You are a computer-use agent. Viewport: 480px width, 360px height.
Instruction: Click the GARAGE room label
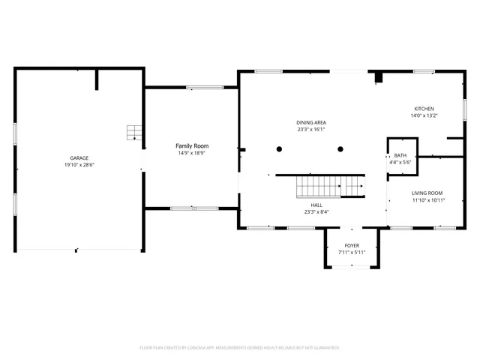pyautogui.click(x=79, y=157)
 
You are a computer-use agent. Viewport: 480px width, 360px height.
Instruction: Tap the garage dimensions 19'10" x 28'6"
pyautogui.click(x=79, y=164)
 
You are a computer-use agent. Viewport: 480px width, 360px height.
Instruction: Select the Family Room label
pyautogui.click(x=192, y=145)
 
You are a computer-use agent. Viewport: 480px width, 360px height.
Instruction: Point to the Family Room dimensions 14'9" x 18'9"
pyautogui.click(x=192, y=153)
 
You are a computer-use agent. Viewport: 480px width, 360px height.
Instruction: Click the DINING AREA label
pyautogui.click(x=310, y=122)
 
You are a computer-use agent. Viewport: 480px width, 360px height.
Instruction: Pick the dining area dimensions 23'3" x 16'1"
pyautogui.click(x=310, y=129)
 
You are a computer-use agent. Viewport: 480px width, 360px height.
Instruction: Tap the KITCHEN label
pyautogui.click(x=423, y=109)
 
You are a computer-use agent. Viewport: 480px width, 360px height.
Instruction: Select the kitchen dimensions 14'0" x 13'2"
pyautogui.click(x=423, y=115)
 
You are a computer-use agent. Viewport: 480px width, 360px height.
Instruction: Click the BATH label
pyautogui.click(x=401, y=155)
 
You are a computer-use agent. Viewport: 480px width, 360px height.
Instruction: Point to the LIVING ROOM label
pyautogui.click(x=427, y=193)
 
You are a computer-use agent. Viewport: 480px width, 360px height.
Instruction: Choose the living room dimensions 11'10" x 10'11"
pyautogui.click(x=427, y=200)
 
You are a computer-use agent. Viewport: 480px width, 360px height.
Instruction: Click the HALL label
pyautogui.click(x=316, y=205)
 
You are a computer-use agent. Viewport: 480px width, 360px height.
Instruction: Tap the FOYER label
pyautogui.click(x=352, y=245)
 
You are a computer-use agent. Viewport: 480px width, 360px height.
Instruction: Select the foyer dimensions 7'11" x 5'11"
pyautogui.click(x=352, y=252)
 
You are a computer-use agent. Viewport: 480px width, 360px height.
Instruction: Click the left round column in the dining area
pyautogui.click(x=279, y=149)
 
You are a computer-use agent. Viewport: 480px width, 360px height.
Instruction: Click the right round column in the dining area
pyautogui.click(x=340, y=149)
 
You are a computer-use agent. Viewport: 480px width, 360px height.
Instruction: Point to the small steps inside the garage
pyautogui.click(x=134, y=133)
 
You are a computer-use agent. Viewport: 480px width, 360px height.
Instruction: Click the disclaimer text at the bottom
pyautogui.click(x=240, y=348)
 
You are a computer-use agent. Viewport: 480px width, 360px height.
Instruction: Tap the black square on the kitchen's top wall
pyautogui.click(x=379, y=76)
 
